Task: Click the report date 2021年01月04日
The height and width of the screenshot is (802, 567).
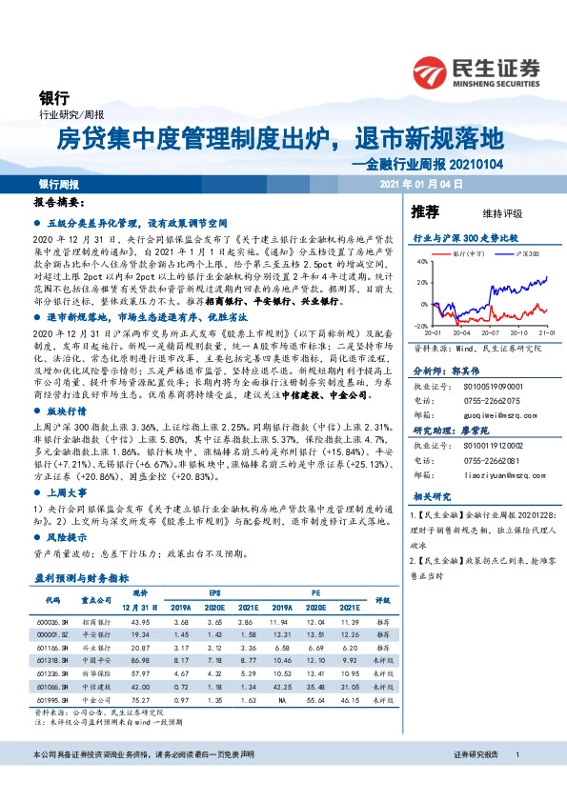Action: (420, 184)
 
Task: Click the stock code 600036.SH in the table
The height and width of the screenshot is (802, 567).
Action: (52, 621)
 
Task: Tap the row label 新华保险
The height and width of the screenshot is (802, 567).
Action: (94, 672)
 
